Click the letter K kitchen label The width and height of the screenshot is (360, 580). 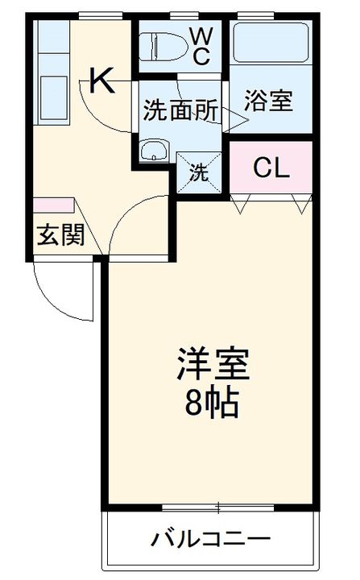[102, 81]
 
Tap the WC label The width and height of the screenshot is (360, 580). [201, 46]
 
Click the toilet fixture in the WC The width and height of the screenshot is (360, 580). [161, 46]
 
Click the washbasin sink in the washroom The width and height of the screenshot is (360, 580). [152, 150]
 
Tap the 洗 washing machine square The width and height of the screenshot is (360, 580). [197, 171]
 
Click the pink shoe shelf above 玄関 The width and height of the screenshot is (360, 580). [53, 207]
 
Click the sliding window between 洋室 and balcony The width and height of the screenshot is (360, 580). [217, 507]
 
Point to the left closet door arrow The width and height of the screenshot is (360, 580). [240, 205]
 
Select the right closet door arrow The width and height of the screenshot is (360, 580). [302, 205]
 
